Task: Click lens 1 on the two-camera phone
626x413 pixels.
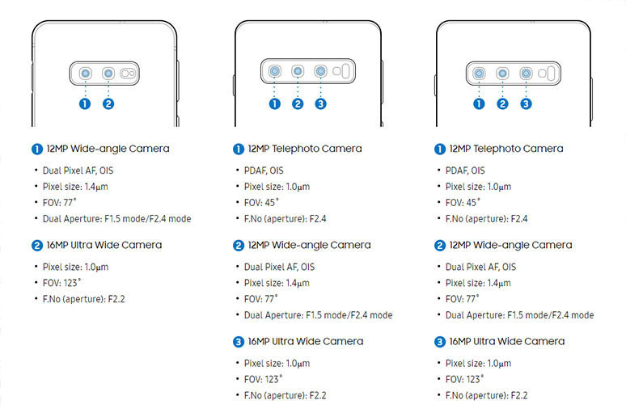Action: coord(85,74)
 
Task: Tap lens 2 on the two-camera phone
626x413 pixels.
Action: coord(108,74)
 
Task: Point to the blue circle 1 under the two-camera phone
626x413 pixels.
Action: coord(85,103)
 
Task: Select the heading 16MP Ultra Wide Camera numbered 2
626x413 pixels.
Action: coord(104,245)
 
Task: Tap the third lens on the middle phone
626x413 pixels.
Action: coord(321,72)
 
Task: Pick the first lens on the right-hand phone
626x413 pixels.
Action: coord(480,73)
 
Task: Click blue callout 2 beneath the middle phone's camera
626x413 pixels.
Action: coord(298,103)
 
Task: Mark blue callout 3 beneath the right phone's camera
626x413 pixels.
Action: coord(526,103)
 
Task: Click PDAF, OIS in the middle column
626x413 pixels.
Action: coord(264,171)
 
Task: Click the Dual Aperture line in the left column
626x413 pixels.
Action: coord(116,218)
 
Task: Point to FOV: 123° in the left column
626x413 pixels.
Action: coord(64,283)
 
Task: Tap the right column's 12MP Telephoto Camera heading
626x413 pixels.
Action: coord(506,149)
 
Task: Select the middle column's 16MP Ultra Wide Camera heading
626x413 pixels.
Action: coord(305,341)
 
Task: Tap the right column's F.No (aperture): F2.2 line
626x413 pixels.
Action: coord(487,395)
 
